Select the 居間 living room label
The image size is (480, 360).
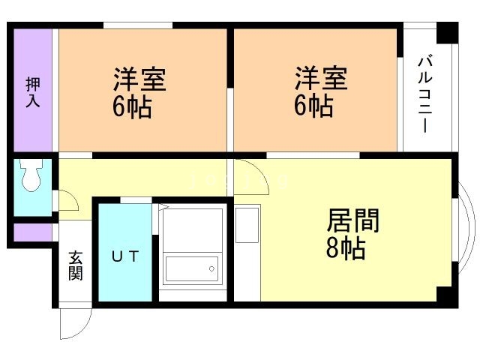coord(352,220)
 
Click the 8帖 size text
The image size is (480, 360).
coord(346,248)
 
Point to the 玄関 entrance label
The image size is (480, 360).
coord(76,265)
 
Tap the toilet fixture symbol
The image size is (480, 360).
coord(32,175)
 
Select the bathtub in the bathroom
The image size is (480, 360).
coord(191,267)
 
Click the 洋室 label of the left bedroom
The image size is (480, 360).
coord(139,79)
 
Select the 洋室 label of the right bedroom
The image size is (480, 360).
coord(320,79)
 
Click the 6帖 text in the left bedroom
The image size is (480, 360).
coord(133,107)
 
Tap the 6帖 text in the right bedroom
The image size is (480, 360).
coord(313,107)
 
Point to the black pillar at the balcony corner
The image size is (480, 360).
coord(447,32)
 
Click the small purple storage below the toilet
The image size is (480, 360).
coord(32,232)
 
